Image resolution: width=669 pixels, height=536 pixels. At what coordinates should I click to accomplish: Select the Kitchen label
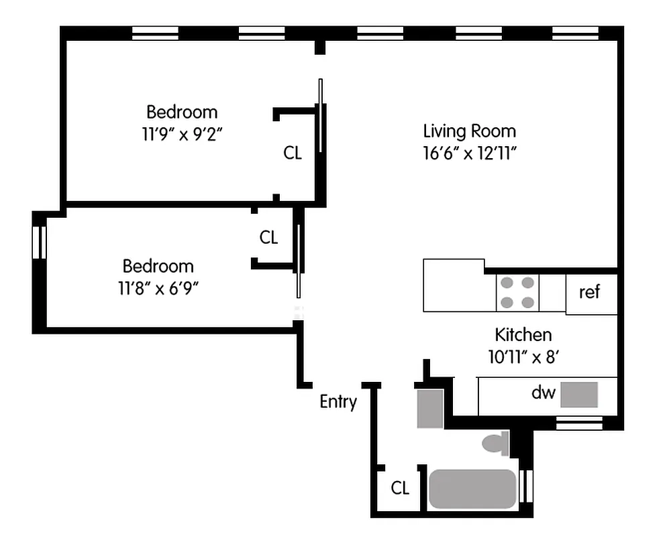[523, 334]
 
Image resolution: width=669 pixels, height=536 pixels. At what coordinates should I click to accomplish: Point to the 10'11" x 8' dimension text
[523, 356]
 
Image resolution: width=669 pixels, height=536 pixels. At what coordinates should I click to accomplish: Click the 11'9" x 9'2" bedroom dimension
[182, 133]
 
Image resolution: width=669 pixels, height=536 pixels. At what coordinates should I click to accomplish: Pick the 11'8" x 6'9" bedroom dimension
[158, 287]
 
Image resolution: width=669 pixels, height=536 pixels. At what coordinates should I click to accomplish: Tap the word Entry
[338, 402]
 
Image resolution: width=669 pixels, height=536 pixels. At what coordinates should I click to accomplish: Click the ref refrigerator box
[590, 293]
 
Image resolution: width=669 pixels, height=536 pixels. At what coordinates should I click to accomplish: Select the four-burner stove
[517, 293]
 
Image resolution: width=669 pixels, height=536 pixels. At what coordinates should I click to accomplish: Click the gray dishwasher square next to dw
[578, 395]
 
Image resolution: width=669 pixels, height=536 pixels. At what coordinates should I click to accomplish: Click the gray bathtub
[472, 488]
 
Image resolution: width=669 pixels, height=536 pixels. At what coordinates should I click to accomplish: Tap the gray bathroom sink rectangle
[429, 408]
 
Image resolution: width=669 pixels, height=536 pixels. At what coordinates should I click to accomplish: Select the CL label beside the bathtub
[400, 488]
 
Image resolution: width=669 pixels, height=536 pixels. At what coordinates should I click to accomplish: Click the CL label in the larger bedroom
[293, 153]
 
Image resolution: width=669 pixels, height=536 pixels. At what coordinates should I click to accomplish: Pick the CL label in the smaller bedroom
[268, 237]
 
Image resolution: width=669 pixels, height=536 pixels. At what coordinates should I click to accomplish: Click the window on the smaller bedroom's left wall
[39, 242]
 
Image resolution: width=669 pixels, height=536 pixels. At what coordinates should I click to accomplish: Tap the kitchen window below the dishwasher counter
[579, 423]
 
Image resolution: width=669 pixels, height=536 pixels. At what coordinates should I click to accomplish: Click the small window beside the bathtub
[527, 486]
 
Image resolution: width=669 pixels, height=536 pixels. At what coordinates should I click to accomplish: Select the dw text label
[544, 393]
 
